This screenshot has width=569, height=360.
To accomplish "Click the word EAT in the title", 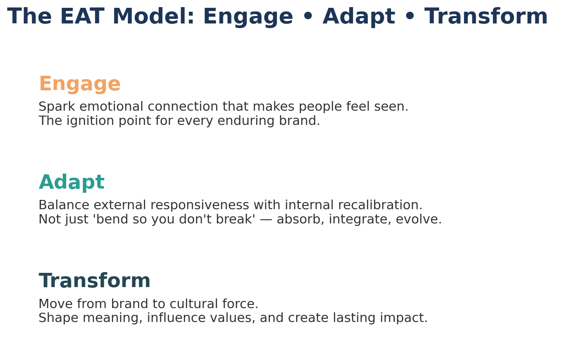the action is [x=82, y=16].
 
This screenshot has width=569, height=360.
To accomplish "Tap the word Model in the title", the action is [x=153, y=16].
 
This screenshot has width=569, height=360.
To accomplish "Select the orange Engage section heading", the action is [x=80, y=84].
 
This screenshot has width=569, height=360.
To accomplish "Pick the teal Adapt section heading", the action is [x=71, y=182].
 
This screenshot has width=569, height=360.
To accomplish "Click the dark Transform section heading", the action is [x=95, y=281].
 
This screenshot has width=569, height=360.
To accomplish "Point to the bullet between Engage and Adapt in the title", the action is [x=308, y=16].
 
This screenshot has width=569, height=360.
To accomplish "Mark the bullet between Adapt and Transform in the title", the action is [x=410, y=16].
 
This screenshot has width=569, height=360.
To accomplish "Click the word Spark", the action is [x=57, y=107].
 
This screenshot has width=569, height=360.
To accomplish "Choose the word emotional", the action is [x=111, y=106].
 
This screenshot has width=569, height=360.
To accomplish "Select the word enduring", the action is [x=246, y=121].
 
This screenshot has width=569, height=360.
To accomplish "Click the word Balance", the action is [x=64, y=205].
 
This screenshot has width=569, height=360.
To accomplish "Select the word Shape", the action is [x=58, y=318].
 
